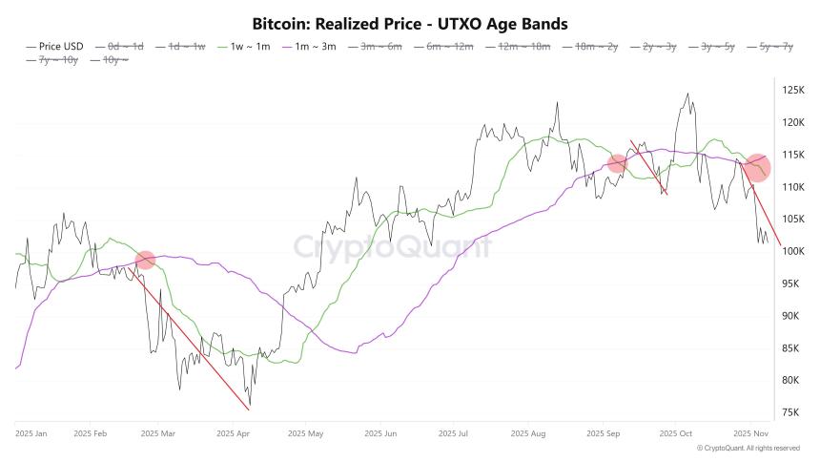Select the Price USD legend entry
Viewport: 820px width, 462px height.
59,46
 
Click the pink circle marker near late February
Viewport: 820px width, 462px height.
145,260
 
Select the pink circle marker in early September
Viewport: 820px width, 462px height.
617,164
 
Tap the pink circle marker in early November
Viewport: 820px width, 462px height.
757,167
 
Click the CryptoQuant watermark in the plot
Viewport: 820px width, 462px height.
392,247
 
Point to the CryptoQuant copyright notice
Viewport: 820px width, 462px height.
748,448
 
